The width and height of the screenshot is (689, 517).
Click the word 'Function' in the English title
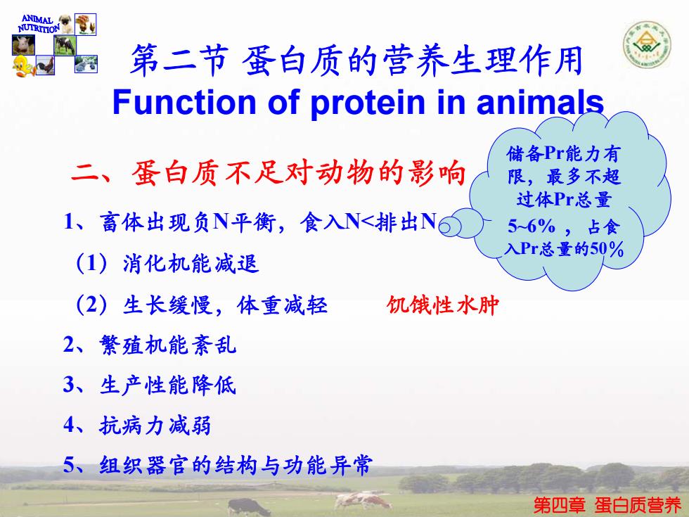tap(183, 102)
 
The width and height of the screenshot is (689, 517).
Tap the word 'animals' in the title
tap(540, 102)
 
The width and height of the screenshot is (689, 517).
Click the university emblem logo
tap(646, 45)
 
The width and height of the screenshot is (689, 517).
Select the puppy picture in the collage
tap(66, 24)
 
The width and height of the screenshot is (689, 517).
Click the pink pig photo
tap(23, 45)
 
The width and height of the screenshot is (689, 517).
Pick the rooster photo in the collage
tap(45, 65)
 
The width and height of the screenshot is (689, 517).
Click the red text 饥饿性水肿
tap(442, 305)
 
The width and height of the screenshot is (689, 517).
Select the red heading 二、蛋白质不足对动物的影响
tap(268, 172)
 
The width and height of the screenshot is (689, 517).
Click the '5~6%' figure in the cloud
tap(532, 226)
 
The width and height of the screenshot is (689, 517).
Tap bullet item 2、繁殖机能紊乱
tap(150, 345)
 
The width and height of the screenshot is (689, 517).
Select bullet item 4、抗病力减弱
tap(137, 425)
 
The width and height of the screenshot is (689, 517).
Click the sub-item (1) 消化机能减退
tap(167, 264)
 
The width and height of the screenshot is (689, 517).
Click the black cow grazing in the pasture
tap(248, 507)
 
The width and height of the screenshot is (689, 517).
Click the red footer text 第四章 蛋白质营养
tap(607, 505)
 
